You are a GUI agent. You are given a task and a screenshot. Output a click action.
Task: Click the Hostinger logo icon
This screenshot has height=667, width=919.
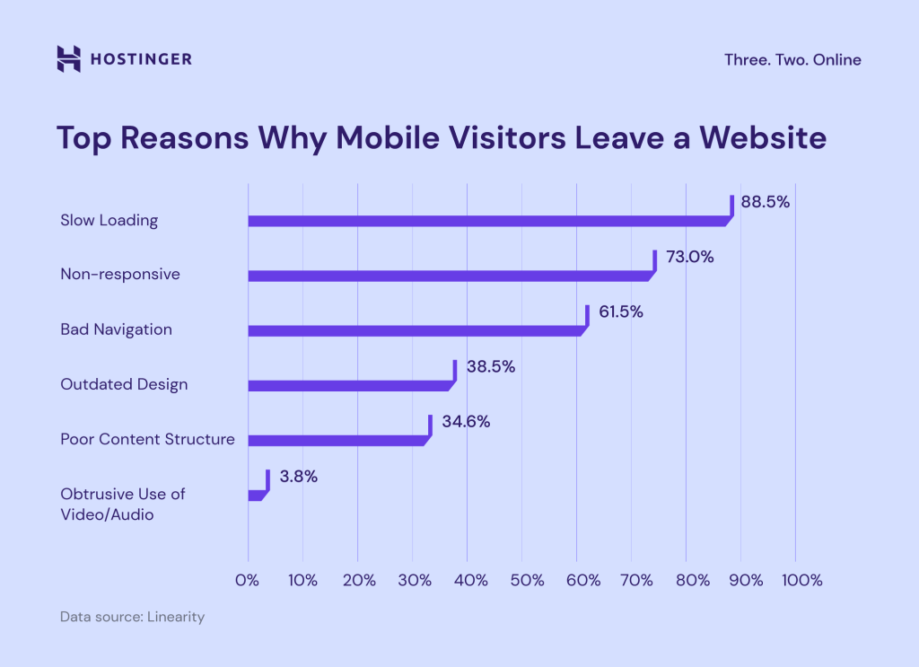[68, 58]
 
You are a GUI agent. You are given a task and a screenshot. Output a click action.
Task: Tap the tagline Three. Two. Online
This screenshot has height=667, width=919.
[792, 60]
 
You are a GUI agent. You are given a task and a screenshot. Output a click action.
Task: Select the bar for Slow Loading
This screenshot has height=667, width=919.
[489, 220]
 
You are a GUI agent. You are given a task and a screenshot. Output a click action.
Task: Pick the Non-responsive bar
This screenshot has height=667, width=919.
[449, 276]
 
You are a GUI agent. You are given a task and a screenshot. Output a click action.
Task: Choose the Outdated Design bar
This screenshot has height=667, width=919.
[350, 385]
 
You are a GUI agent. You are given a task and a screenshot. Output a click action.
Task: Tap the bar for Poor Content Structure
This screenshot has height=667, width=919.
[337, 440]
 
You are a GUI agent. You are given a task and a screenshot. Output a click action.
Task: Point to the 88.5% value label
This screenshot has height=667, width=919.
[765, 202]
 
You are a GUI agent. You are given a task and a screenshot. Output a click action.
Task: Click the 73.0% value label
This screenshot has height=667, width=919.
[688, 257]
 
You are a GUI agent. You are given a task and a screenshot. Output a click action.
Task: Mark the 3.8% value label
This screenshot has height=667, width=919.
[298, 477]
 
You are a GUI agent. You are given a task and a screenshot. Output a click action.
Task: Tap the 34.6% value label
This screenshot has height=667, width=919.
[465, 422]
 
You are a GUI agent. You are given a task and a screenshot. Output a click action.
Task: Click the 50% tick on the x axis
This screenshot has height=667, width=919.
[522, 581]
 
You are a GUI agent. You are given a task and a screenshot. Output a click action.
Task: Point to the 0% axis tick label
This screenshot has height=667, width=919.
[248, 581]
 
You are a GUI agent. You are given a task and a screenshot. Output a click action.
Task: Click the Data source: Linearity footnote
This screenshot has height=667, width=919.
[132, 618]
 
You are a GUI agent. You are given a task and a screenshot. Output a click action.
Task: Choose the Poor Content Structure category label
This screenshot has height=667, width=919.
[147, 439]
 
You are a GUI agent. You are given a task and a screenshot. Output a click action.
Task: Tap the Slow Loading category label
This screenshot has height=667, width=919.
[109, 220]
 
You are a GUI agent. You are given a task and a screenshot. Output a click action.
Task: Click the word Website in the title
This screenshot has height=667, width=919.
[763, 139]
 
